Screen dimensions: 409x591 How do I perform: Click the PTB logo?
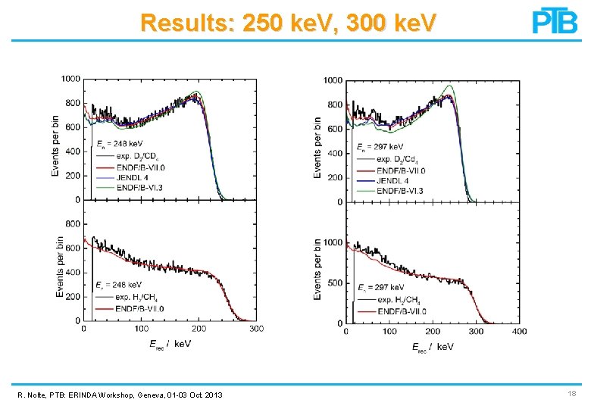(555, 21)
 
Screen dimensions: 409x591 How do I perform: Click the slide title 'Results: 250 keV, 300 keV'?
(288, 23)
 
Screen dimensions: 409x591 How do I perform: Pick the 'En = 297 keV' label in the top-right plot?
(380, 146)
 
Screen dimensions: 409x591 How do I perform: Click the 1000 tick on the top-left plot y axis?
(71, 79)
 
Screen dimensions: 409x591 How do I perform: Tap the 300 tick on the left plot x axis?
(257, 328)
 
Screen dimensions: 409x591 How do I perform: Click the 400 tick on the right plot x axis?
(519, 331)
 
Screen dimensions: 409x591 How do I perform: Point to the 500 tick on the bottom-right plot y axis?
(334, 283)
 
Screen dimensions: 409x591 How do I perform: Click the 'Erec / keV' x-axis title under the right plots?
(432, 347)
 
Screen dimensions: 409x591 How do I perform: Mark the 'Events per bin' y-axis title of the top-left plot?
(56, 145)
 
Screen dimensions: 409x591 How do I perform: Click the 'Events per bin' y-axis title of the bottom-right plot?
(318, 268)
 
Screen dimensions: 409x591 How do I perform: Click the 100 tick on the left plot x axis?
(142, 328)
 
